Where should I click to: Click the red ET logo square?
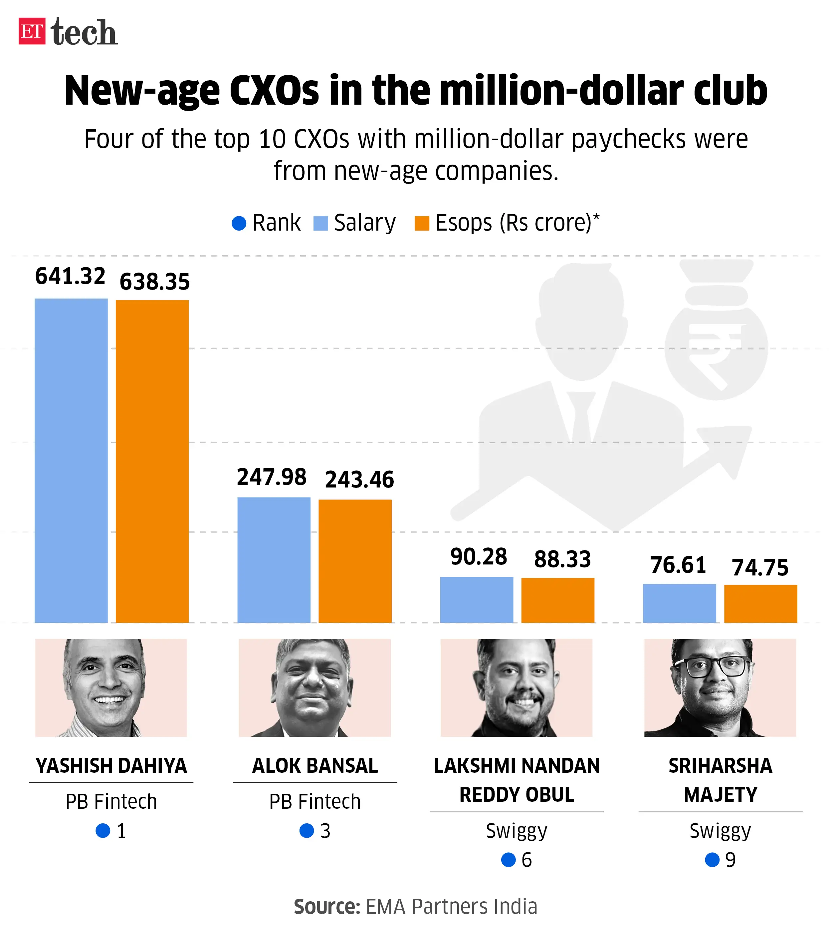[32, 31]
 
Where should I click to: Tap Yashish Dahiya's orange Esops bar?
[152, 461]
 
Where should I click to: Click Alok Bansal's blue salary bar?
[274, 560]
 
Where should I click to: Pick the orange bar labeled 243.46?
[355, 561]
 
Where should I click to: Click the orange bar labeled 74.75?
[760, 603]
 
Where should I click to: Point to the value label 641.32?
[70, 276]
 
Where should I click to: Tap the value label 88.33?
[562, 559]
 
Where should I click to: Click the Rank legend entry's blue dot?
[239, 224]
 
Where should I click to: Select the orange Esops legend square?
[421, 224]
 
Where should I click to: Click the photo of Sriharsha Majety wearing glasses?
[720, 687]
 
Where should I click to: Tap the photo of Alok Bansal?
[314, 687]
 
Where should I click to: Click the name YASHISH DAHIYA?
[111, 765]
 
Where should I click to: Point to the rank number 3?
[325, 831]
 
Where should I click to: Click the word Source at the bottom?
[327, 907]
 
